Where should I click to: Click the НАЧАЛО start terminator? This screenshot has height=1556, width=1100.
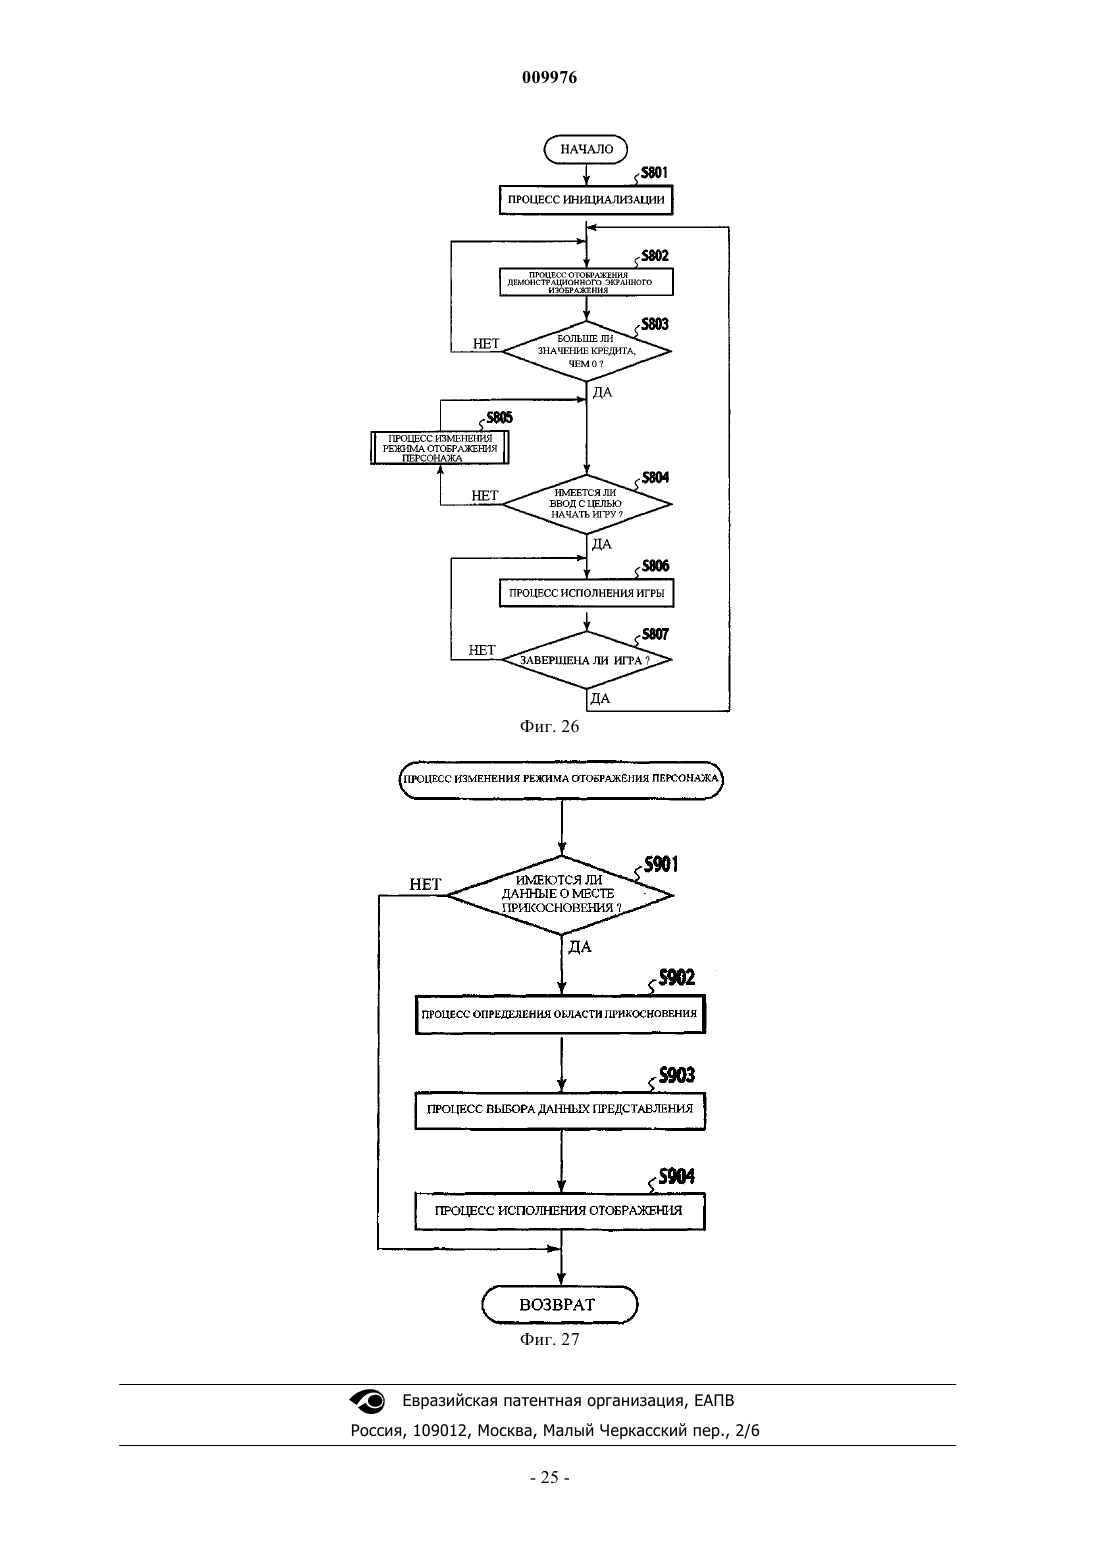tap(585, 149)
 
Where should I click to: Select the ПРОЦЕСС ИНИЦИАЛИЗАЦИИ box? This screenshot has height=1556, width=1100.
tap(586, 200)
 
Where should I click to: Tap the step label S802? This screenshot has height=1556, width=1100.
tap(654, 256)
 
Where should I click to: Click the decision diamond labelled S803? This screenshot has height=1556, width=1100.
tap(586, 351)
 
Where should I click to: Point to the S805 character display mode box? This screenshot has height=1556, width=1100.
tap(440, 448)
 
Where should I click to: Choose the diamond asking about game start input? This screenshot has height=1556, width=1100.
tap(587, 504)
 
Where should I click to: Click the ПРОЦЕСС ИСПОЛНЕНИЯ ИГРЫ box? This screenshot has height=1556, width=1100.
tap(586, 593)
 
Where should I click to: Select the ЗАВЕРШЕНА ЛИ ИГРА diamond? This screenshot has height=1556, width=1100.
tap(586, 660)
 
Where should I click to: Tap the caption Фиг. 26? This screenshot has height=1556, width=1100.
tap(549, 727)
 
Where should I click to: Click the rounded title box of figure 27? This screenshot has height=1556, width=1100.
tap(561, 779)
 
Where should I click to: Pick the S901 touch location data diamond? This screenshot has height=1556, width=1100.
tap(560, 895)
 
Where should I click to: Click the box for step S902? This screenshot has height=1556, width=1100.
tap(560, 1014)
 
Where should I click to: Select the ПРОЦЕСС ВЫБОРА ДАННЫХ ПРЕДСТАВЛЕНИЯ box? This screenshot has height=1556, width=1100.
tap(560, 1109)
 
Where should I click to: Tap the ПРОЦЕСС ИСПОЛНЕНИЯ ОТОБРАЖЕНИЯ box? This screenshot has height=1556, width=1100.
tap(560, 1211)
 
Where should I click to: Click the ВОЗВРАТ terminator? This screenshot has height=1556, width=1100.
tap(559, 1305)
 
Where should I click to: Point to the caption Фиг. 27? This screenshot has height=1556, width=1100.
tap(549, 1339)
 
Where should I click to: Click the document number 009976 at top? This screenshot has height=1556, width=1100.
tap(549, 77)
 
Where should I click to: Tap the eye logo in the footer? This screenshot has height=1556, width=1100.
tap(367, 1401)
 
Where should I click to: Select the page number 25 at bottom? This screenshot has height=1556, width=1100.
tap(550, 1478)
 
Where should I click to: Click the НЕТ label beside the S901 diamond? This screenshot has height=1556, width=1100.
tap(425, 884)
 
